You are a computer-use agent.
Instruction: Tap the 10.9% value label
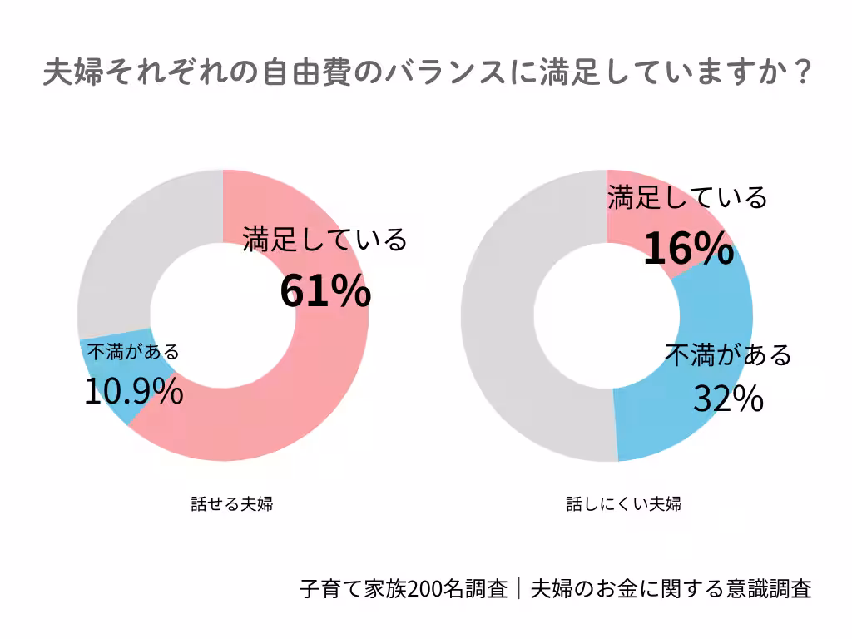(134, 391)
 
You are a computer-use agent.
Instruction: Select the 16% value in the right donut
(688, 248)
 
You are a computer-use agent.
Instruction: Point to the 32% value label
(729, 399)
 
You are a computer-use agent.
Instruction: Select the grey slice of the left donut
(133, 250)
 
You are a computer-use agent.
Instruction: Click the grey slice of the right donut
(499, 316)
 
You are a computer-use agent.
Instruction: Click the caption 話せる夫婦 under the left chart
(232, 503)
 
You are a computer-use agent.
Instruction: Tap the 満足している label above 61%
(325, 240)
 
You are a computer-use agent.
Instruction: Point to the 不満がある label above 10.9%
(133, 352)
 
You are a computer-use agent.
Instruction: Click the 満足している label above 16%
(687, 198)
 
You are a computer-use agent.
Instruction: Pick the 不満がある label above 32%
(728, 355)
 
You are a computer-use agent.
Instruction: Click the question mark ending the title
(800, 73)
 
